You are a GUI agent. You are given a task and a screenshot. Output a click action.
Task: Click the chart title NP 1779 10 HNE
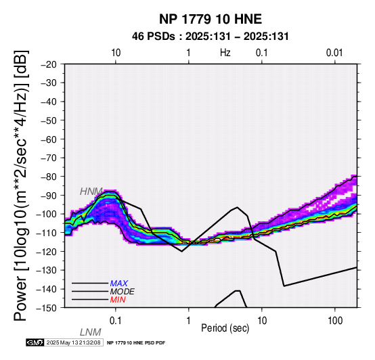pyautogui.click(x=211, y=19)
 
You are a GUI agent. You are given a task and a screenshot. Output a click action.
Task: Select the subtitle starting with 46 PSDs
pyautogui.click(x=211, y=37)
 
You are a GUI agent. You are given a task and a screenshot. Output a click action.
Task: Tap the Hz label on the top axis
pyautogui.click(x=225, y=53)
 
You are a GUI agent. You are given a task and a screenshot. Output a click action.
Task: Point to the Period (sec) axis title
pyautogui.click(x=225, y=328)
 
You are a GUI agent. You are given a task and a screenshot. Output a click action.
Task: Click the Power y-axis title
pyautogui.click(x=21, y=185)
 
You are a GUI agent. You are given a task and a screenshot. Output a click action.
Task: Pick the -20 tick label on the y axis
pyautogui.click(x=49, y=64)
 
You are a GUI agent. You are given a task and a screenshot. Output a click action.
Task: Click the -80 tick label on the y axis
pyautogui.click(x=49, y=177)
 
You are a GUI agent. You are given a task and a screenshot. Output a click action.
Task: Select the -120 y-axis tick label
pyautogui.click(x=47, y=252)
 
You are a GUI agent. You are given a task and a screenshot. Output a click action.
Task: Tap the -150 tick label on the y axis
pyautogui.click(x=47, y=308)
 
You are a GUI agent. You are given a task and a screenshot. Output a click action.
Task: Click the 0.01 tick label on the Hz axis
pyautogui.click(x=334, y=53)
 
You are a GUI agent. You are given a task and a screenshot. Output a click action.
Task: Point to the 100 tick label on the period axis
pyautogui.click(x=335, y=321)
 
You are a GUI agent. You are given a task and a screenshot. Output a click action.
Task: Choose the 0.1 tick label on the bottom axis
pyautogui.click(x=116, y=321)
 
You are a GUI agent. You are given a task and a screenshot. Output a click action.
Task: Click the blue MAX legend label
pyautogui.click(x=119, y=284)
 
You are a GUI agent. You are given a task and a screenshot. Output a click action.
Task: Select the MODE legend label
pyautogui.click(x=123, y=292)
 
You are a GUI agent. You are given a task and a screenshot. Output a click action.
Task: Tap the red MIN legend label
pyautogui.click(x=118, y=300)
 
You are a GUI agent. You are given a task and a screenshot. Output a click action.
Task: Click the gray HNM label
pyautogui.click(x=91, y=192)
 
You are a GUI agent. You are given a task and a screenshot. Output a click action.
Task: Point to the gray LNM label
pyautogui.click(x=91, y=332)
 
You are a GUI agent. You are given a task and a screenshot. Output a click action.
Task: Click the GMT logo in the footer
pyautogui.click(x=35, y=342)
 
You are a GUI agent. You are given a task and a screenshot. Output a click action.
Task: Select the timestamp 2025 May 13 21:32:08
pyautogui.click(x=73, y=342)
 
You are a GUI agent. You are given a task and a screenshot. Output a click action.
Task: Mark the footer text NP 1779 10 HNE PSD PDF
pyautogui.click(x=136, y=343)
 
